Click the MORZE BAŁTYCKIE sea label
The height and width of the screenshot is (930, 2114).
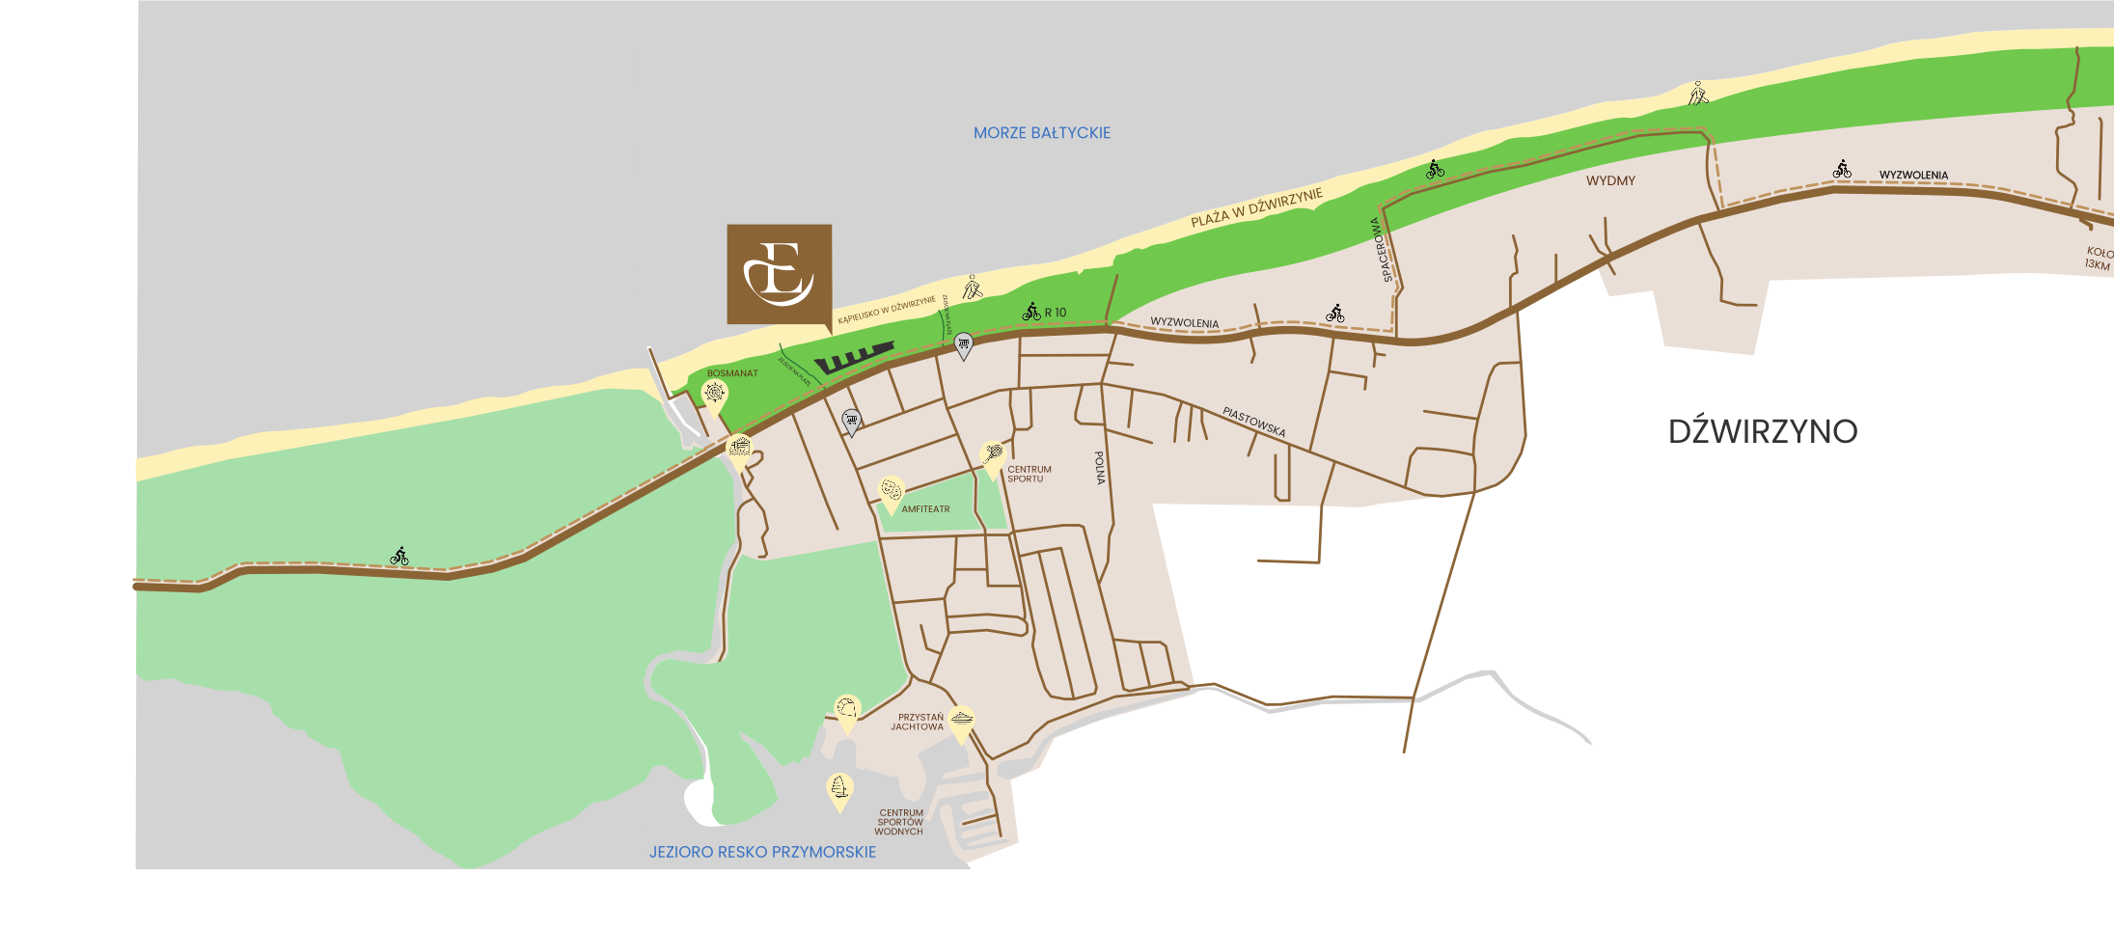tap(1041, 133)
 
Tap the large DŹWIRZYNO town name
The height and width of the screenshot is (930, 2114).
tap(1762, 431)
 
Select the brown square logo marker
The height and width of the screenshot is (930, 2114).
tap(779, 274)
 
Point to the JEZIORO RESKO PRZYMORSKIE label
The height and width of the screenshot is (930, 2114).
tap(762, 852)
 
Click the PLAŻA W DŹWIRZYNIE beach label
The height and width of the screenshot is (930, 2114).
tap(1256, 208)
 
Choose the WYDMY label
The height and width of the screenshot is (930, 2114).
tap(1610, 180)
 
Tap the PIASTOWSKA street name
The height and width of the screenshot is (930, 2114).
tap(1253, 422)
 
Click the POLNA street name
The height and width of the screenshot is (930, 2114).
tap(1099, 467)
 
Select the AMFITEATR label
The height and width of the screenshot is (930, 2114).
tap(925, 509)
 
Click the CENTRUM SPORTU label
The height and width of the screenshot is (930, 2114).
tap(1029, 474)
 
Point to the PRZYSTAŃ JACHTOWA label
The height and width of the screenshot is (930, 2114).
tap(917, 722)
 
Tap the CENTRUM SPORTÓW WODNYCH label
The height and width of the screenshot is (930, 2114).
tap(899, 822)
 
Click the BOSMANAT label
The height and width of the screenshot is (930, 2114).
tap(732, 373)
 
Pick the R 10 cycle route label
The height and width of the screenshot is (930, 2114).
tap(1056, 313)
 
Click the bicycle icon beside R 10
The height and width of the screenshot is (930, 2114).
tap(1031, 312)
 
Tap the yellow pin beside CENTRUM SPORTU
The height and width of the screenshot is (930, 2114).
tap(992, 455)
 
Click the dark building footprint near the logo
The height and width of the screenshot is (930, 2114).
tap(853, 358)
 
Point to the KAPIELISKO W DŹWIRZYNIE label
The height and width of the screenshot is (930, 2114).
tap(886, 310)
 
